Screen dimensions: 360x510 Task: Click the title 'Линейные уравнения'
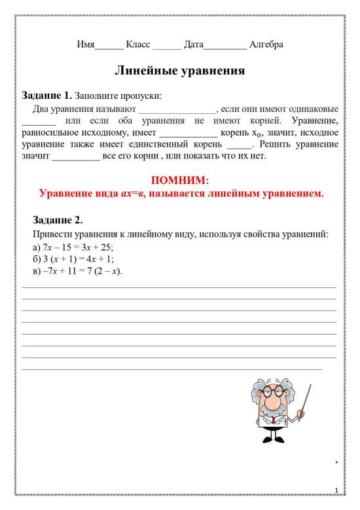tap(180, 71)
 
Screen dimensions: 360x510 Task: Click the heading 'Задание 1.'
tap(47, 96)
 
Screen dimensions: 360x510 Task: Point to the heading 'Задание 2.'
tap(58, 219)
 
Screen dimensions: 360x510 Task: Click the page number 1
tap(336, 490)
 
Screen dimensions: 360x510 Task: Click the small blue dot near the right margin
tap(336, 463)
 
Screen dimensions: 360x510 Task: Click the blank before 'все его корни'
tap(75, 158)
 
